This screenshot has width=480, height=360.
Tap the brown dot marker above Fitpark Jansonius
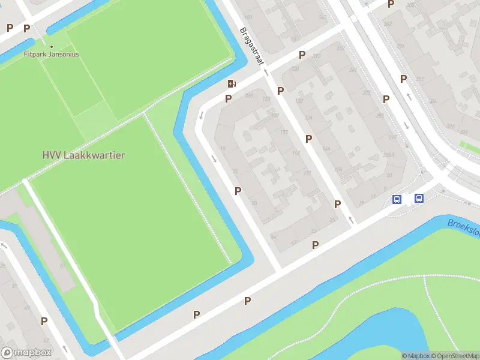click(x=52, y=46)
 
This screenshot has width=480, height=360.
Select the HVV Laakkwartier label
click(x=83, y=155)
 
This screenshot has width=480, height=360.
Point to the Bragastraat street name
click(x=252, y=46)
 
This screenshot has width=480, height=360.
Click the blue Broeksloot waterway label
click(x=463, y=226)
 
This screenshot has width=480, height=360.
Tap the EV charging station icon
click(x=232, y=83)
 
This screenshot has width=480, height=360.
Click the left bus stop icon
click(x=397, y=199)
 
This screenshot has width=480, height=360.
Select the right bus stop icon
click(x=419, y=199)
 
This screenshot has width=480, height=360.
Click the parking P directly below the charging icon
click(x=228, y=98)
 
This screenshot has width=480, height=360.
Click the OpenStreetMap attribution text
click(x=455, y=356)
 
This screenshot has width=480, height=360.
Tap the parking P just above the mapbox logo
click(x=44, y=321)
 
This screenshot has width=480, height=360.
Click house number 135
click(x=284, y=132)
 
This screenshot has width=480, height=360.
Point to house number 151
click(x=307, y=173)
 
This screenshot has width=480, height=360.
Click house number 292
click(x=420, y=79)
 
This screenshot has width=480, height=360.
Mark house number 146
click(x=326, y=149)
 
